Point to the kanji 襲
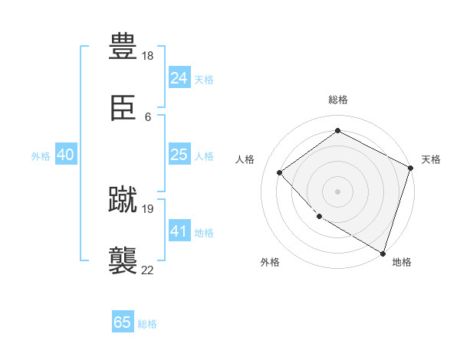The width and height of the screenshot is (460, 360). pyautogui.click(x=123, y=260)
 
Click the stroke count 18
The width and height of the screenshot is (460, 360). pyautogui.click(x=149, y=56)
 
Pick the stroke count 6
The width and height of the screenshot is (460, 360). pyautogui.click(x=148, y=117)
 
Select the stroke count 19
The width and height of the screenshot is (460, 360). pyautogui.click(x=149, y=208)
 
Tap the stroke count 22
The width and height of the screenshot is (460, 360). pyautogui.click(x=148, y=270)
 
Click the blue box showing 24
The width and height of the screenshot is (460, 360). pyautogui.click(x=179, y=77)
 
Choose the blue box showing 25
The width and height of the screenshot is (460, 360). pyautogui.click(x=179, y=155)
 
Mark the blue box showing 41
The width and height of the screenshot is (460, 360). pyautogui.click(x=179, y=231)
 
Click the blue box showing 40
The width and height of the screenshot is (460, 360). pyautogui.click(x=65, y=155)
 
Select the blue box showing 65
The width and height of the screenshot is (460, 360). pyautogui.click(x=123, y=322)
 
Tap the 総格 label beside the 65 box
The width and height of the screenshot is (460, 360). pyautogui.click(x=147, y=324)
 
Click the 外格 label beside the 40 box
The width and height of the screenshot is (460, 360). pyautogui.click(x=41, y=156)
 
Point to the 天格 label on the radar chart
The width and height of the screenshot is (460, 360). pyautogui.click(x=431, y=159)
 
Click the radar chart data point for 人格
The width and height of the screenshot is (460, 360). pyautogui.click(x=280, y=172)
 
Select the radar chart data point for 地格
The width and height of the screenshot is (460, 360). pyautogui.click(x=383, y=252)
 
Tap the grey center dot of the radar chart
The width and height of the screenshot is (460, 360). pyautogui.click(x=337, y=191)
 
